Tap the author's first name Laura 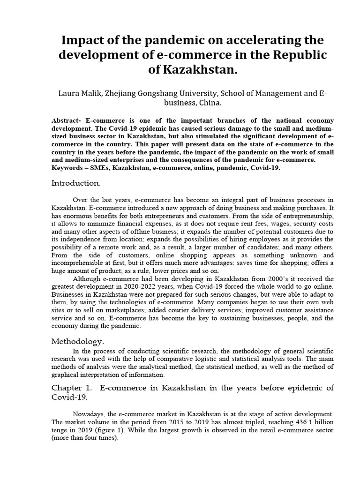point(68,94)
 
